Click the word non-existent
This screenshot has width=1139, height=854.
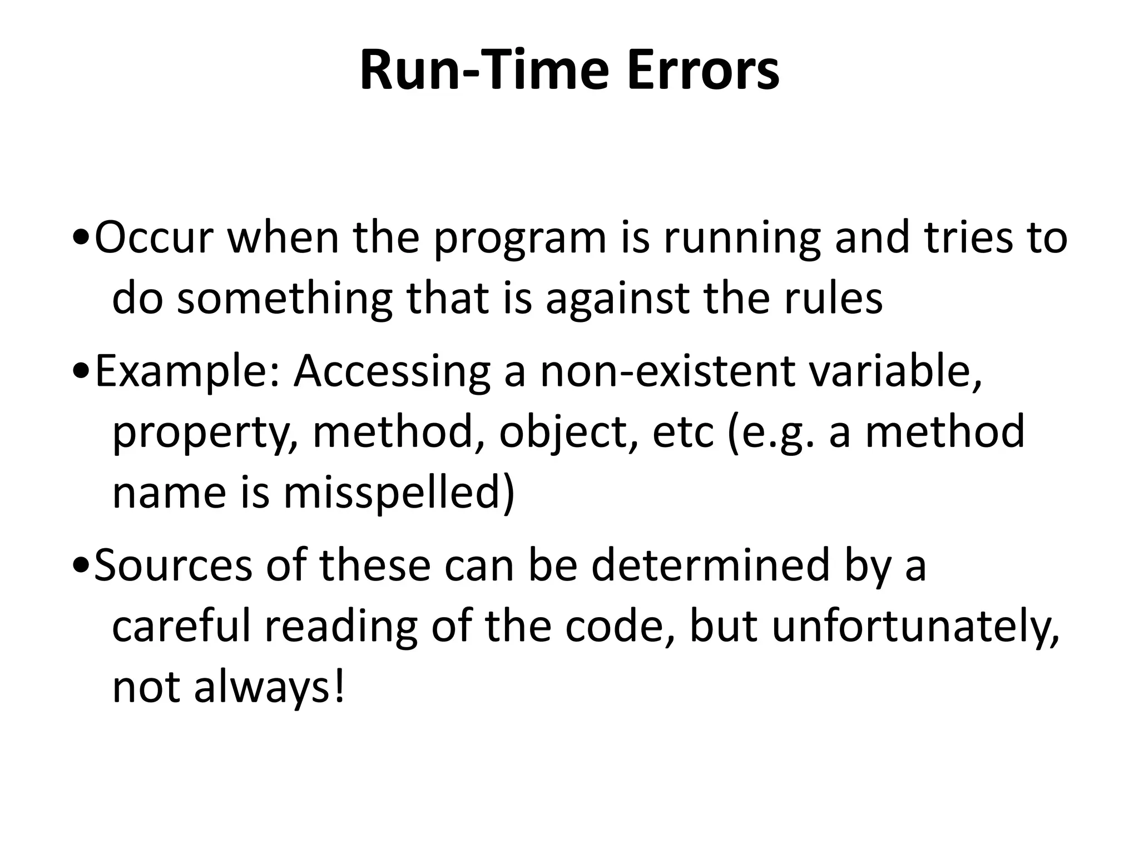pyautogui.click(x=668, y=371)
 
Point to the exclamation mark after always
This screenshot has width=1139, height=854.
pyautogui.click(x=340, y=687)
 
